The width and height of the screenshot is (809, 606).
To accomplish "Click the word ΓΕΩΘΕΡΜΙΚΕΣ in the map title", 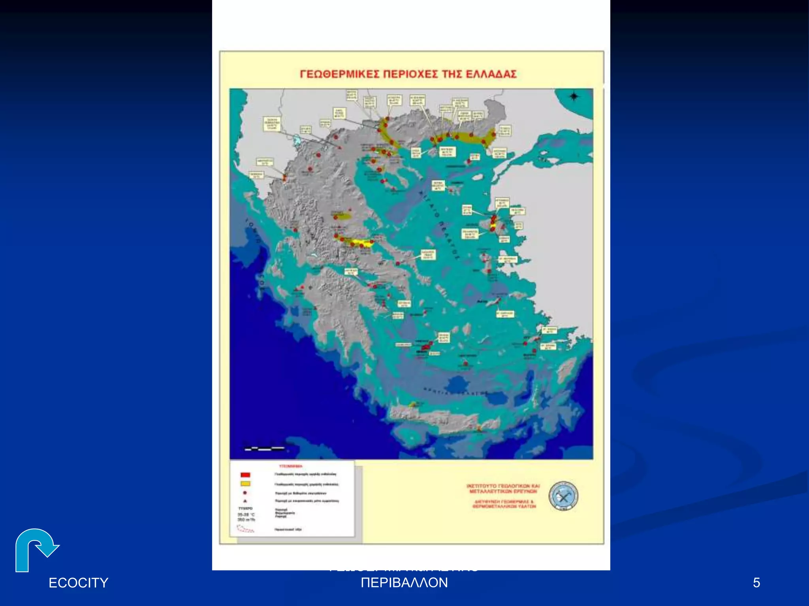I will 340,74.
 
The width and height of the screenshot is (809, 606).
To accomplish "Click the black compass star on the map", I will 574,96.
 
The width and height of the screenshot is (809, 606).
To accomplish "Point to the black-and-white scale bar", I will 264,448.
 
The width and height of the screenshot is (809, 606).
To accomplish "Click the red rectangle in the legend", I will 245,475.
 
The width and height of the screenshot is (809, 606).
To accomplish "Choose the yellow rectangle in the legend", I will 245,484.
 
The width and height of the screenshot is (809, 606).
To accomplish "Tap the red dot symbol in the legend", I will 245,493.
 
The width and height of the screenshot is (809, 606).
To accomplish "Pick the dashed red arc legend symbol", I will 246,529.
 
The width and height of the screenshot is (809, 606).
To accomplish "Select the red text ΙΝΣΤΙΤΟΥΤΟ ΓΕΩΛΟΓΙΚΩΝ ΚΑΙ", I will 503,486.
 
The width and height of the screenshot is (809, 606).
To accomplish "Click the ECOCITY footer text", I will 78,583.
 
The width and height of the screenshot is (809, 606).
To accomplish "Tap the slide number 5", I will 756,583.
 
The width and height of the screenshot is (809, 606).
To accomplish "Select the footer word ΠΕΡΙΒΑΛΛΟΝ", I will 404,583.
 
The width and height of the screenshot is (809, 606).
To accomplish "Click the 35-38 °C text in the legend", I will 246,514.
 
